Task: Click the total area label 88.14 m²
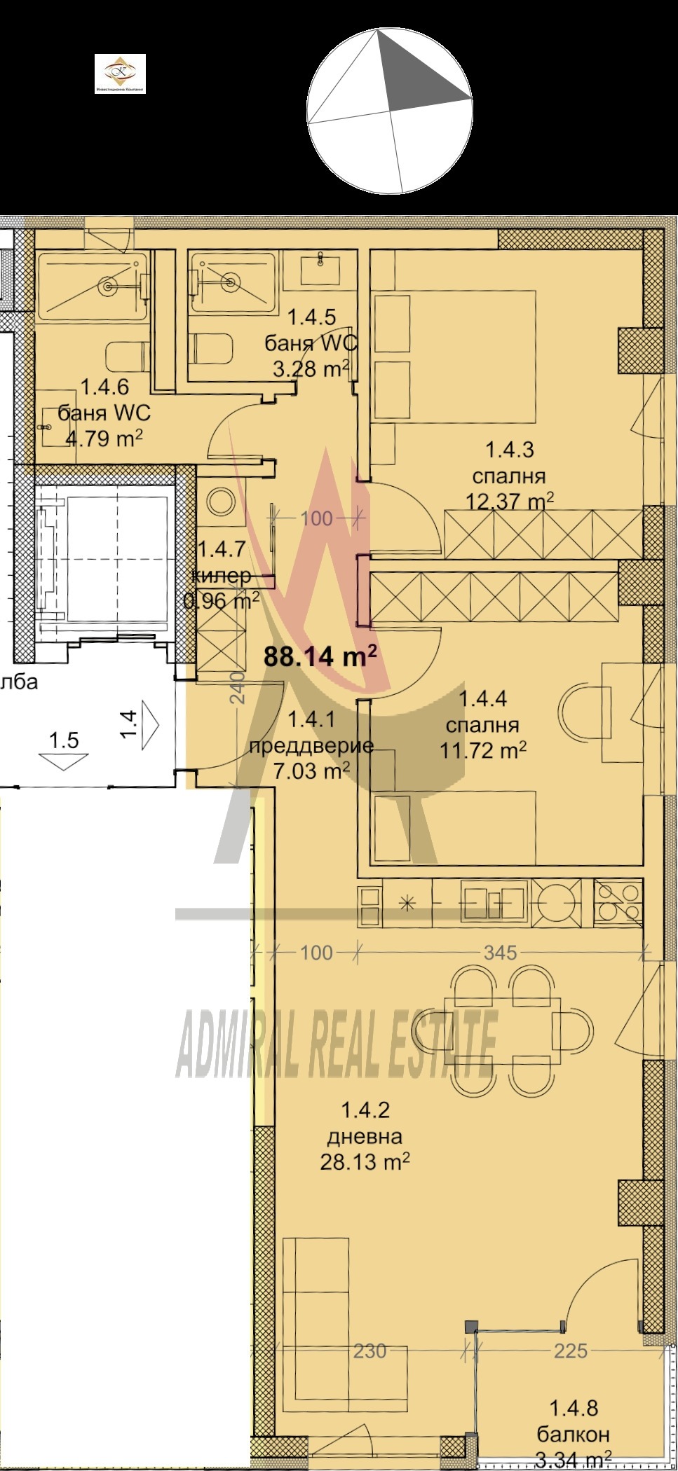320,656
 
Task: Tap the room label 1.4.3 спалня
509,463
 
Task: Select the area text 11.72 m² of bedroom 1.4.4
483,751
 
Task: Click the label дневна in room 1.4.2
364,1136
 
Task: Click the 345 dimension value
500,953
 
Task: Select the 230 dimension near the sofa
369,1351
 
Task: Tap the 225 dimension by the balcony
570,1351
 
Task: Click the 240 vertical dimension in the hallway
238,686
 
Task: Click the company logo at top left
120,74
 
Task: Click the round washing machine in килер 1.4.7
222,501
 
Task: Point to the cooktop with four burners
618,903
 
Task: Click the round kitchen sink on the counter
557,903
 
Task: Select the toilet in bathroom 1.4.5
212,348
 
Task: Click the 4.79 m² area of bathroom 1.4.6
104,439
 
